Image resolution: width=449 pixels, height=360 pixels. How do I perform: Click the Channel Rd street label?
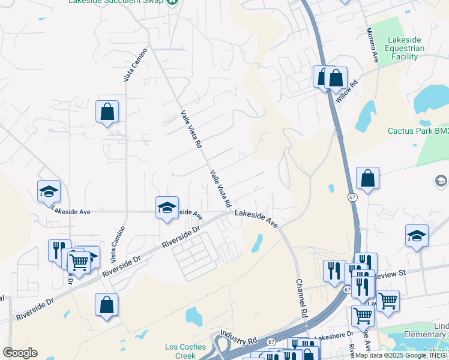[302, 298]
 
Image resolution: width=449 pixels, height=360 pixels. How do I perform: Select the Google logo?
[20, 353]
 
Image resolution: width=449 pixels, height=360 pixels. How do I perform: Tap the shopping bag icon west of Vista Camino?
[107, 112]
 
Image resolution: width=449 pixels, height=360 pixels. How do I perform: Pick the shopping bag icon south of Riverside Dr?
[106, 304]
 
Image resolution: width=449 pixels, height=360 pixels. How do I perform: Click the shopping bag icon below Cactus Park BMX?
[367, 178]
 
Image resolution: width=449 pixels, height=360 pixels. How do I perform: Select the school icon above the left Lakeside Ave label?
[49, 191]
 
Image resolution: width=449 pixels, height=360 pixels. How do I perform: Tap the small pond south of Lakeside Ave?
[257, 242]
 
